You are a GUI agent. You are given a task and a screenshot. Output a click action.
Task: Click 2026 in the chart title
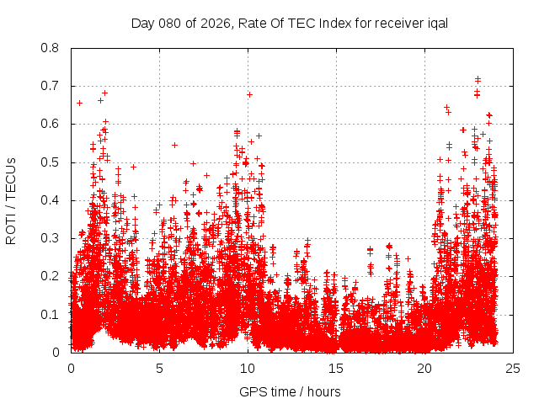tap(211, 23)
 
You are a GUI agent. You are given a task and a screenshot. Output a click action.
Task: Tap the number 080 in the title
tap(168, 23)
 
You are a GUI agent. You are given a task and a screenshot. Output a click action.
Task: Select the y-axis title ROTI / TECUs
tap(12, 200)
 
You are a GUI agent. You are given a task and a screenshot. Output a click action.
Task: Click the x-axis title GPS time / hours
tap(291, 391)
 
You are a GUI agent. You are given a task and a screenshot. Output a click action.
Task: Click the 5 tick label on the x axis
tap(159, 368)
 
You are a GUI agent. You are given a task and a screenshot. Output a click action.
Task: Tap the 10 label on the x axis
tap(248, 368)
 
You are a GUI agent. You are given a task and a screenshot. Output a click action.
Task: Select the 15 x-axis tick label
tap(336, 368)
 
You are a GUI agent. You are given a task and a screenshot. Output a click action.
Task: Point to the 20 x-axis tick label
tap(424, 368)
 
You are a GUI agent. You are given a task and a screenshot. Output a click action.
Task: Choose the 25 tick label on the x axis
tap(513, 368)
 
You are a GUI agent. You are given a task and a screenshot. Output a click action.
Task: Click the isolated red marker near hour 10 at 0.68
tap(249, 94)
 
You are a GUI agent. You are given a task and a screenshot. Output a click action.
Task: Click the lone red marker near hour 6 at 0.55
tap(174, 145)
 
